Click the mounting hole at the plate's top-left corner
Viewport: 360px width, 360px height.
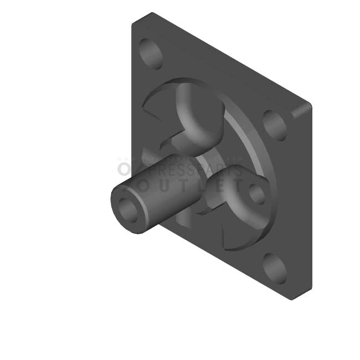coord(150,53)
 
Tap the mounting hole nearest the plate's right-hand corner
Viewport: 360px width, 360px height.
coord(275,125)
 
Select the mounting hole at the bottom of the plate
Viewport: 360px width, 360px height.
coord(275,268)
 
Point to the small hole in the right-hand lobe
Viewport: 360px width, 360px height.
coord(256,194)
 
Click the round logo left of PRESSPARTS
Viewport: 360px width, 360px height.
coord(124,168)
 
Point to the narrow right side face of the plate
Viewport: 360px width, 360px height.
coord(302,199)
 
